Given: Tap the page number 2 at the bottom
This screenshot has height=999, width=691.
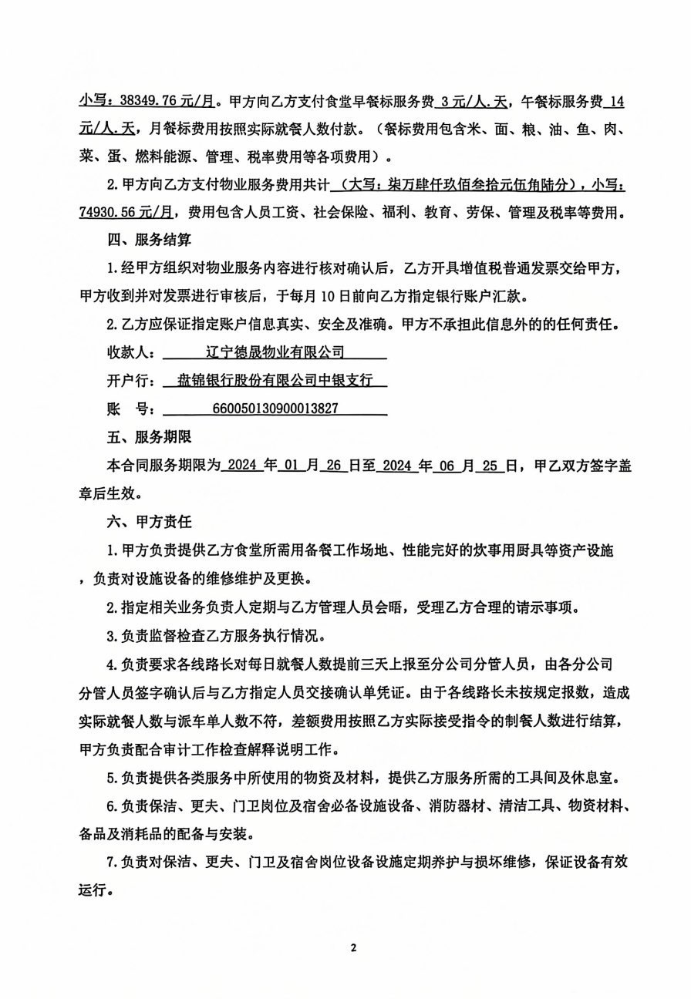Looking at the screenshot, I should click(354, 948).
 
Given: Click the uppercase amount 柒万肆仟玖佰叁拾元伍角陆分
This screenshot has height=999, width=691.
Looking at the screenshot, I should click(462, 185).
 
